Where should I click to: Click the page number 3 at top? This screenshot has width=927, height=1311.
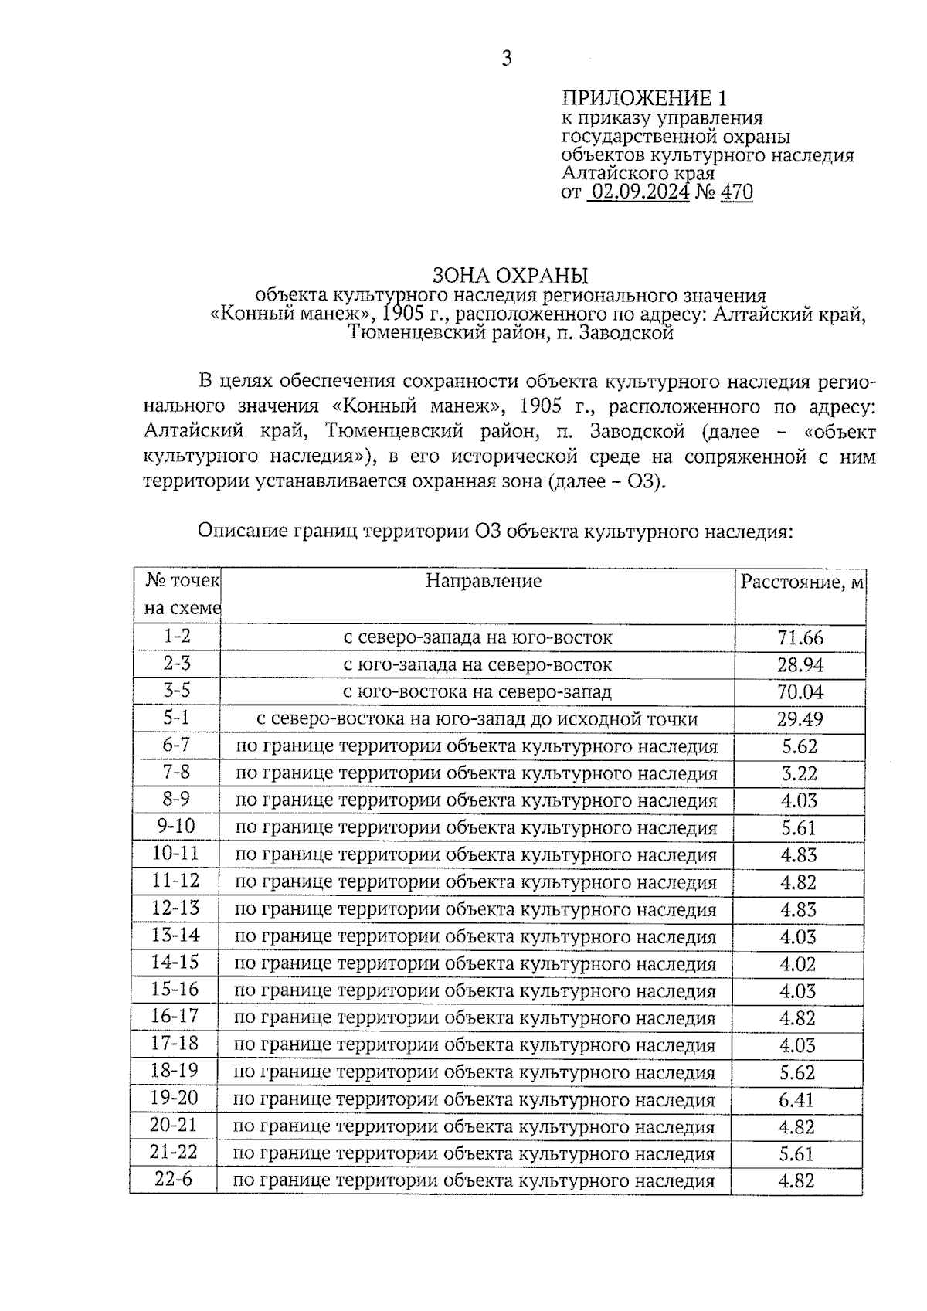tap(506, 59)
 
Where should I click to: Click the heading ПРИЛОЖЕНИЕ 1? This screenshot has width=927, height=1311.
tap(643, 99)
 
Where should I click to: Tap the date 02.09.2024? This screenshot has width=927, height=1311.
tap(638, 192)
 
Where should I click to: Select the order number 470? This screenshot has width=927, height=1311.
tap(736, 192)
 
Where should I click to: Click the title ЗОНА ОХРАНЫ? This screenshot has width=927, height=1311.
tap(510, 276)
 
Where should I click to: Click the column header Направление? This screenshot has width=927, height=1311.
tap(484, 581)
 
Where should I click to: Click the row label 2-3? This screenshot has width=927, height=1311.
tap(177, 664)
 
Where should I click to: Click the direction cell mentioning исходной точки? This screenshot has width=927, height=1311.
tap(477, 719)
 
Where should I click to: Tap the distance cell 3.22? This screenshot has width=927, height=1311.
tap(799, 773)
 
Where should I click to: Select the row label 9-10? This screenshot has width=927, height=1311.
tap(176, 827)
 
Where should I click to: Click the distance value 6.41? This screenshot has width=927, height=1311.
tap(797, 1099)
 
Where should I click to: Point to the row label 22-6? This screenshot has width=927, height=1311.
tap(173, 1180)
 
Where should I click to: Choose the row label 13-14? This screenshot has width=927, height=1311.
tap(175, 936)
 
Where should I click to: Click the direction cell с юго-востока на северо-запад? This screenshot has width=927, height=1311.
tap(477, 692)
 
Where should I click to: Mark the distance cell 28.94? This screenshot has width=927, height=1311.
tap(800, 665)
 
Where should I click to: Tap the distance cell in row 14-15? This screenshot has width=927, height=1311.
tap(798, 964)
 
